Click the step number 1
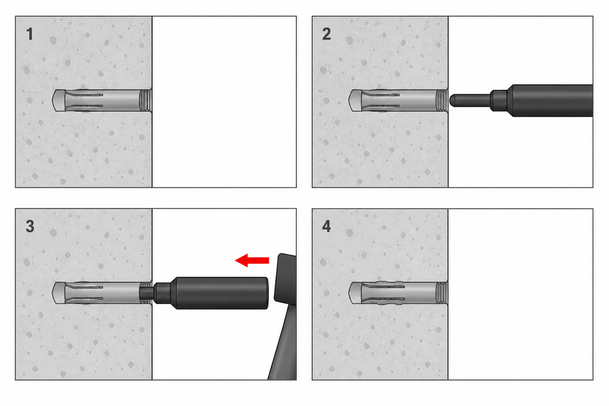point(29,35)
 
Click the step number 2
point(326,35)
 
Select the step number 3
point(30,226)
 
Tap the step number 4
point(326,226)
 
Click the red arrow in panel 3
point(252,260)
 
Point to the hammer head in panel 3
point(285,278)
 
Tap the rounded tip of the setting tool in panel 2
point(452,100)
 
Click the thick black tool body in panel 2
point(552,100)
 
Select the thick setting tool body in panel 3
point(221,293)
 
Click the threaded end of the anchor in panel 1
point(146,100)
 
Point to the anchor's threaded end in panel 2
point(442,100)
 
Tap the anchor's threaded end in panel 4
point(442,293)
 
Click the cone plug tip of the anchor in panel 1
point(58,100)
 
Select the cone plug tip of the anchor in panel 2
point(355,100)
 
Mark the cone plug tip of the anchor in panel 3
point(58,293)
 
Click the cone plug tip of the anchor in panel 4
point(355,293)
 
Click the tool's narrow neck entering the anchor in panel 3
point(147,293)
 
